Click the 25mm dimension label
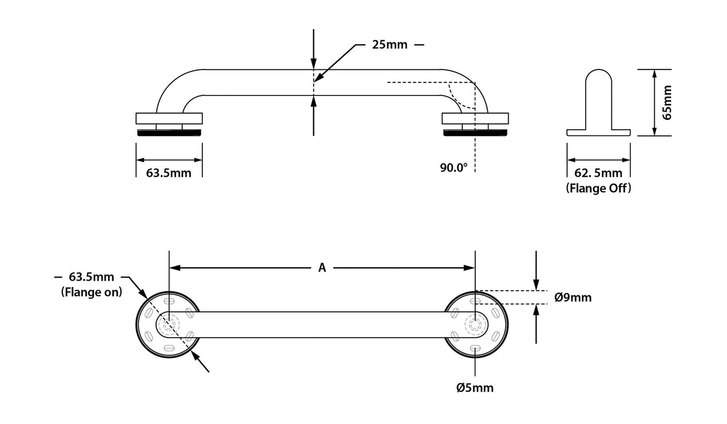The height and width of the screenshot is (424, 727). (x=389, y=45)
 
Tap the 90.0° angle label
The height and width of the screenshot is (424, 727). (x=454, y=167)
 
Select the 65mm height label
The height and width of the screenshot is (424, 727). (x=667, y=103)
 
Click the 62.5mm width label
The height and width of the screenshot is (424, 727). (x=598, y=174)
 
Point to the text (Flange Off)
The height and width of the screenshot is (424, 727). (x=598, y=188)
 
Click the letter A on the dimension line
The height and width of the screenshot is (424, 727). (x=322, y=268)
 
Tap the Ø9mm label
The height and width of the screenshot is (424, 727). (x=573, y=297)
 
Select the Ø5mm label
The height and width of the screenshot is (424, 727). (x=474, y=387)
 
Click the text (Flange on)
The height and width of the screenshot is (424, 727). (x=92, y=292)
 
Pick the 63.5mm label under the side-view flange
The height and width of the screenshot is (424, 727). (x=169, y=174)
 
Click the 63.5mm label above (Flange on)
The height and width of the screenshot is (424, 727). (x=92, y=277)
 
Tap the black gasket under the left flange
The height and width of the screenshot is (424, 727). (x=169, y=133)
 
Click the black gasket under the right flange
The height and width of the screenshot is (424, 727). (x=475, y=133)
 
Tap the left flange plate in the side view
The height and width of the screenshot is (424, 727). (x=169, y=119)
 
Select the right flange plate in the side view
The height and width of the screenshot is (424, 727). (x=475, y=119)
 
